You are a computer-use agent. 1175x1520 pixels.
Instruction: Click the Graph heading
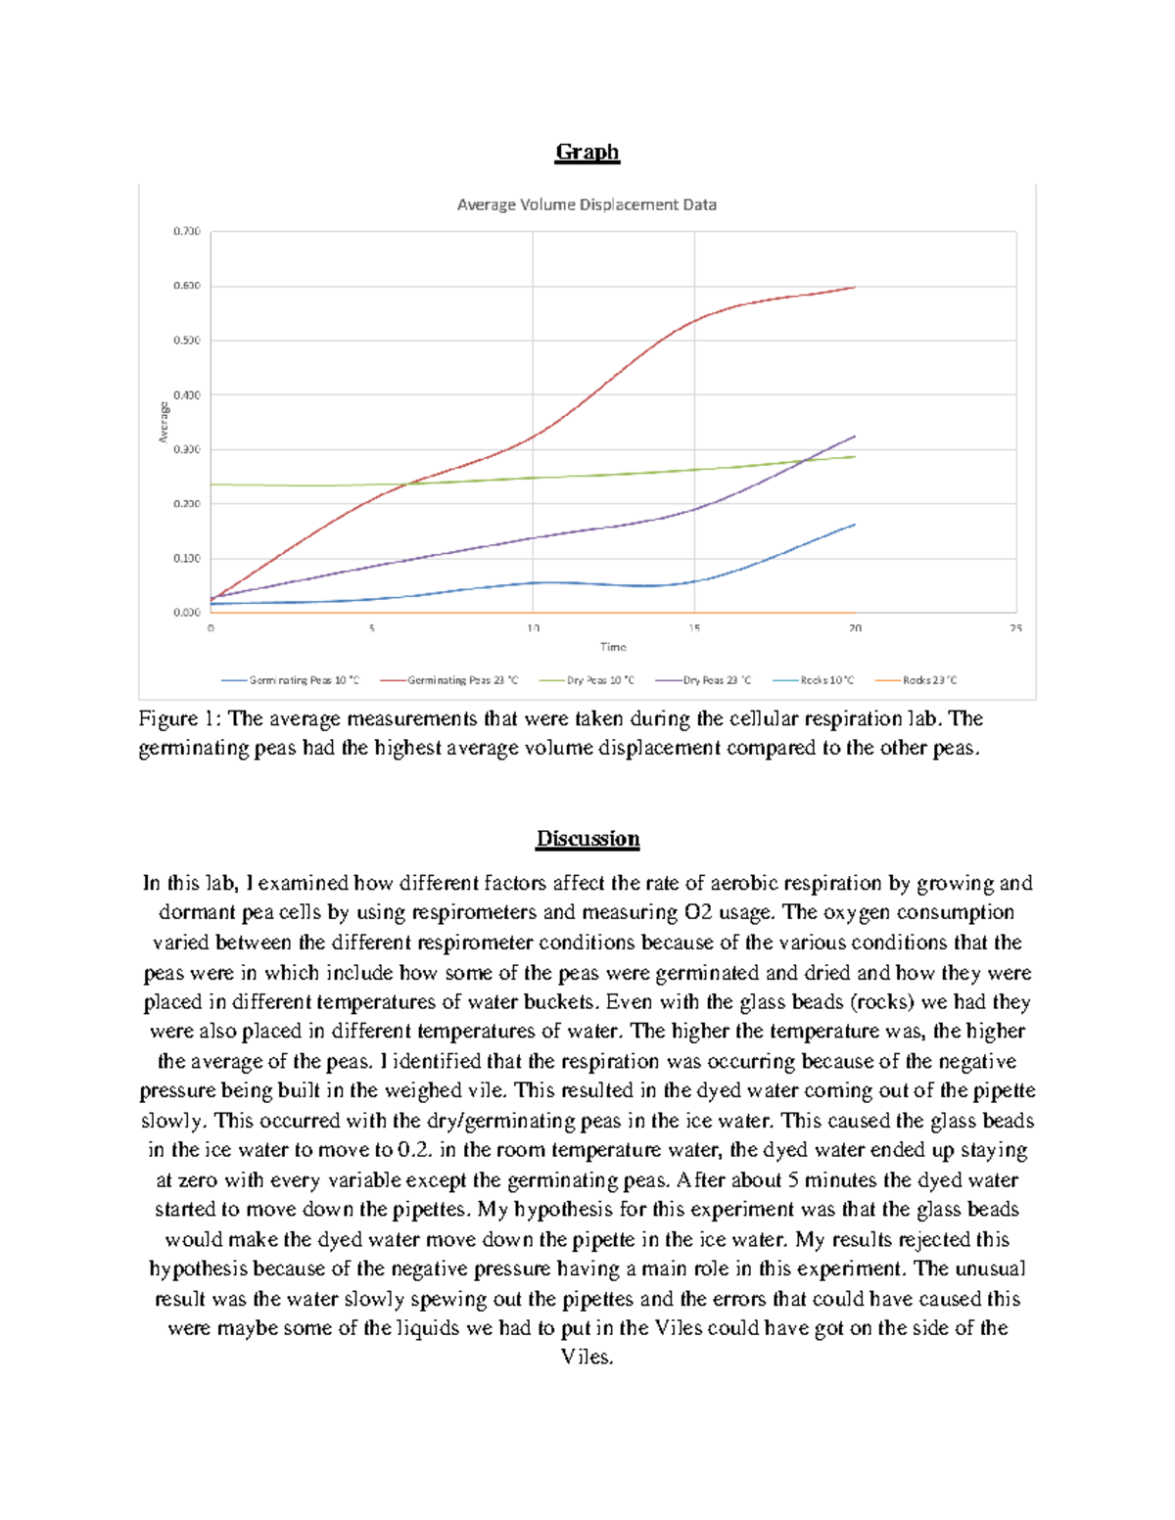587,152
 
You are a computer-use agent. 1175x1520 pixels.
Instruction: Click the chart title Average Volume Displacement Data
587,205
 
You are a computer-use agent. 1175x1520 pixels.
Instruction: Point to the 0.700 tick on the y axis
186,232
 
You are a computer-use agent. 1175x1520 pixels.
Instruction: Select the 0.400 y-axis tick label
186,395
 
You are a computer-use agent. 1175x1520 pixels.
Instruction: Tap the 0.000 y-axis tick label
186,613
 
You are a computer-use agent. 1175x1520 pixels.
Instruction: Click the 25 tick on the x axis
1015,628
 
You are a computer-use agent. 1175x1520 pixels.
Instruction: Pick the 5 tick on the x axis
372,628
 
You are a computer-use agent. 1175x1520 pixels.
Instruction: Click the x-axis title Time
613,647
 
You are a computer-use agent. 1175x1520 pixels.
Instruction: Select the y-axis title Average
164,422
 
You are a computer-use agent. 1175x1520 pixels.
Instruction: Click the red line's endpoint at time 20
855,287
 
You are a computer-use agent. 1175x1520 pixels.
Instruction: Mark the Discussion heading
587,839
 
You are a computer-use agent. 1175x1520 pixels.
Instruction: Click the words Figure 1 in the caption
180,719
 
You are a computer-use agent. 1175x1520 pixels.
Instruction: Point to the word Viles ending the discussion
586,1358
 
